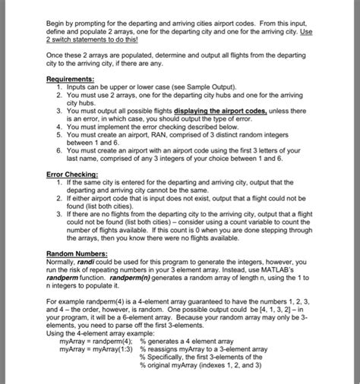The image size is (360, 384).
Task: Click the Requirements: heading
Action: point(70,78)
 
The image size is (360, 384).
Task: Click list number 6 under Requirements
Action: point(59,150)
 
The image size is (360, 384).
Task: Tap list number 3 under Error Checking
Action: point(59,214)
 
